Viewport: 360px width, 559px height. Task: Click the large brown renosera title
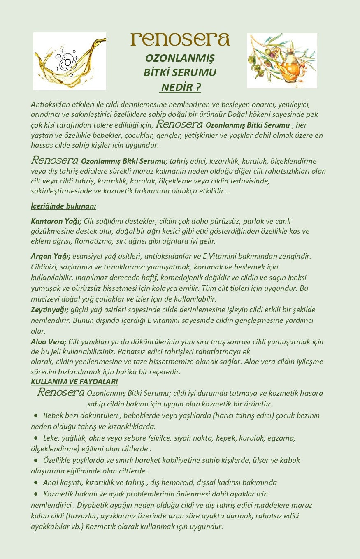pos(180,39)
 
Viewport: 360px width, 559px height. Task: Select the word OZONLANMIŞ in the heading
pos(180,58)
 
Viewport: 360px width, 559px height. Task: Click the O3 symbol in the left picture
pos(68,63)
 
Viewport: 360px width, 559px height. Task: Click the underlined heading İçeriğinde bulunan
pos(63,206)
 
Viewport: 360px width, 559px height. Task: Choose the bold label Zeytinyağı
pos(49,310)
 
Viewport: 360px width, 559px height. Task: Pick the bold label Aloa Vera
pos(49,342)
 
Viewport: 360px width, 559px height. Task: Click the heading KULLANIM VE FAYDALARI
pos(74,382)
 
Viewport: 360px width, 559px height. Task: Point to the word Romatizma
pos(90,241)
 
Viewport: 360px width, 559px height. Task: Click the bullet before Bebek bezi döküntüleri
pos(36,415)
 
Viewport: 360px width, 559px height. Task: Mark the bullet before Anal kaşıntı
pos(36,482)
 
